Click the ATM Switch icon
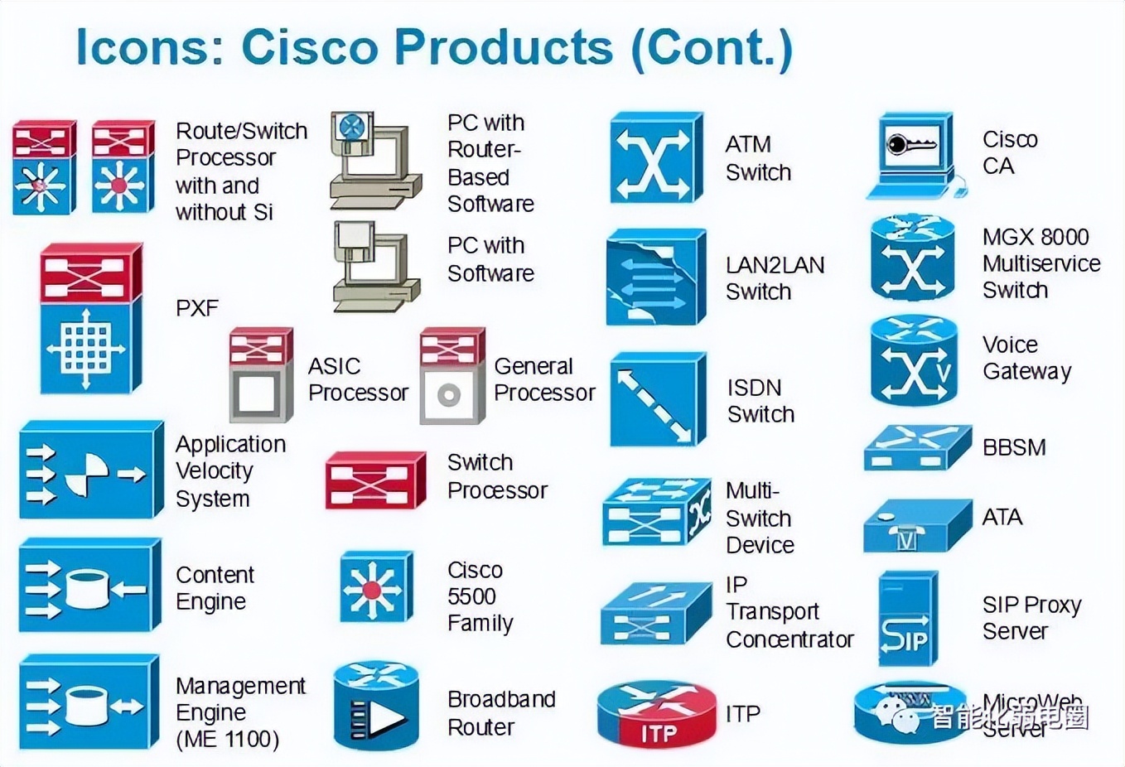tap(655, 157)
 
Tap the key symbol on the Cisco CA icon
tap(910, 146)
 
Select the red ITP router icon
tap(657, 713)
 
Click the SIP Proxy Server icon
tap(907, 618)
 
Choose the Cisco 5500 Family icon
tap(375, 587)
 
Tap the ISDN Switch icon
tap(657, 399)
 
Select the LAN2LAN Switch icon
tap(655, 277)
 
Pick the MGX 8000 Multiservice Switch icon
tap(912, 257)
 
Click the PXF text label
tap(197, 308)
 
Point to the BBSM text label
tap(1014, 447)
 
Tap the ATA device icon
tap(915, 527)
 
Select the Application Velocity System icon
tap(89, 470)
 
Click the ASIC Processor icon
tap(261, 375)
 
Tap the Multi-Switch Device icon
tap(656, 512)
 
